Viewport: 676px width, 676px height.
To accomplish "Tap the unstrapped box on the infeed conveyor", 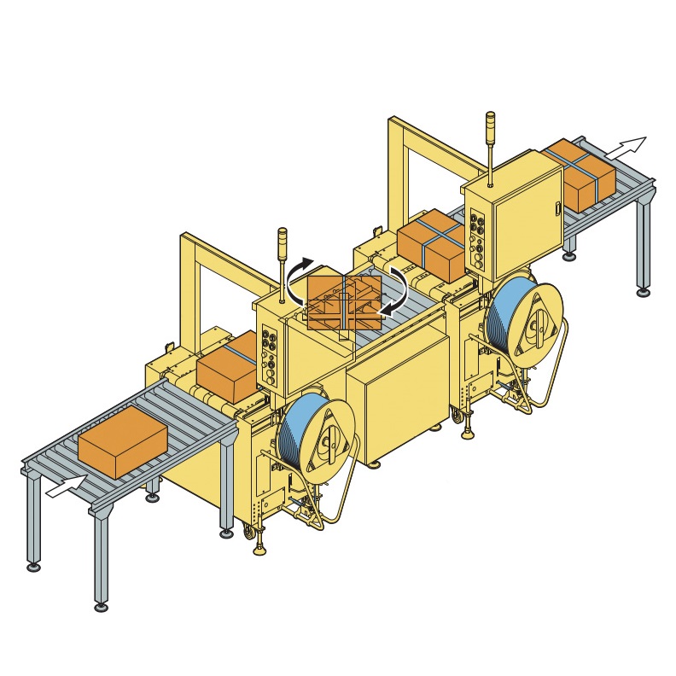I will (x=122, y=441).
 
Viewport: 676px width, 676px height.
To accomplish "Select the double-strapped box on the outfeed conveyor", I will (x=580, y=175).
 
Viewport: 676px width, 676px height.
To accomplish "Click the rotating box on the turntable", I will (x=344, y=302).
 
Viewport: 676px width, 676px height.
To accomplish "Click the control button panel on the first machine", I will (x=271, y=355).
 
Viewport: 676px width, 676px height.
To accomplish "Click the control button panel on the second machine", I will (x=478, y=238).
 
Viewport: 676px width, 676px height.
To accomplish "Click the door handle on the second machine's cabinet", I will (x=557, y=207).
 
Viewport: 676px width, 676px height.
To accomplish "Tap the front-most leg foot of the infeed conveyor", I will (x=101, y=606).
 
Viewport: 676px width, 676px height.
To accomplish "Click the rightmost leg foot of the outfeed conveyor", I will (x=643, y=292).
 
